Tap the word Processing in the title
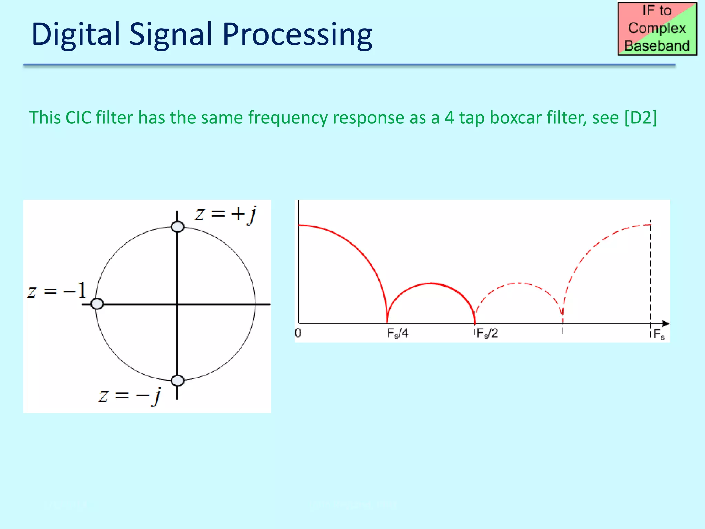297,34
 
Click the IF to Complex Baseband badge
657,29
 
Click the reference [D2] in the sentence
641,117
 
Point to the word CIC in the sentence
78,117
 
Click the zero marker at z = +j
178,227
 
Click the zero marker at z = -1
97,304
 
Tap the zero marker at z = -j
178,381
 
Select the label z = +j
225,215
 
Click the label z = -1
56,291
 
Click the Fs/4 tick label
397,333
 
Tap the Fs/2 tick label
487,333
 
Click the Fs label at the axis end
659,334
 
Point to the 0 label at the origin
298,333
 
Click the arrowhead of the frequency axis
665,324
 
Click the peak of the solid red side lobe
431,283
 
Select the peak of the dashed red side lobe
518,283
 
